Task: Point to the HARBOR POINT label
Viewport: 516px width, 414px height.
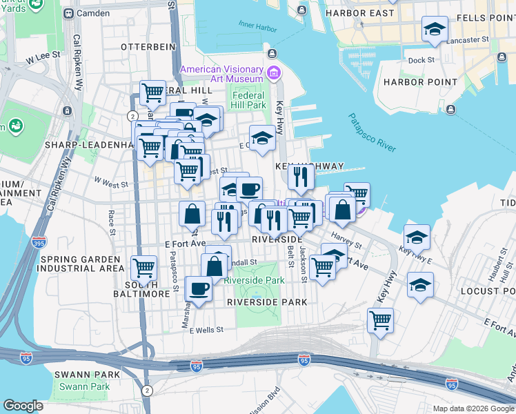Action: click(x=420, y=82)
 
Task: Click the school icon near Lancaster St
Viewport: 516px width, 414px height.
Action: click(x=435, y=29)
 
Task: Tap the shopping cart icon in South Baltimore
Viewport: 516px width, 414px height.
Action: click(x=143, y=267)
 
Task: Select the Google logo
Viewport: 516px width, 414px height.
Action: click(x=23, y=406)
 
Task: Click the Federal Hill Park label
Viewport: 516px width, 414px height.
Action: click(x=250, y=100)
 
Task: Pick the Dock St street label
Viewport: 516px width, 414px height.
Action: click(x=421, y=60)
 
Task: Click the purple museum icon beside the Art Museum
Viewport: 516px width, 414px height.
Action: click(x=274, y=72)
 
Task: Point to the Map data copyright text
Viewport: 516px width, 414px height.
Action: click(x=472, y=408)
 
